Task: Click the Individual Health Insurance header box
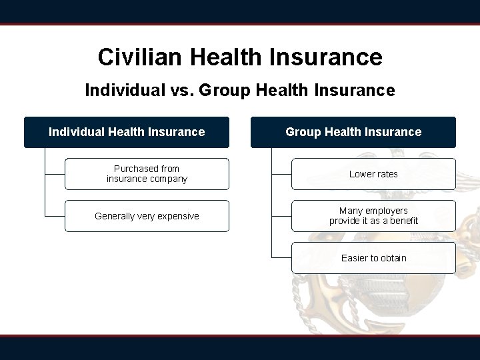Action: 127,132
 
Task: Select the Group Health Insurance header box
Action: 353,132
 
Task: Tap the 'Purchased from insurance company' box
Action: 147,174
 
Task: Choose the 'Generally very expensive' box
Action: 147,216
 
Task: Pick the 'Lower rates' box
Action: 373,174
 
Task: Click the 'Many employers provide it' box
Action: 373,216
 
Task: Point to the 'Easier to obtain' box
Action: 373,258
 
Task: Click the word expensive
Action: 177,216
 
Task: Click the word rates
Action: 386,174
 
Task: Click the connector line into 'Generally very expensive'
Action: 55,216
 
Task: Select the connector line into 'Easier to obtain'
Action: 281,257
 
